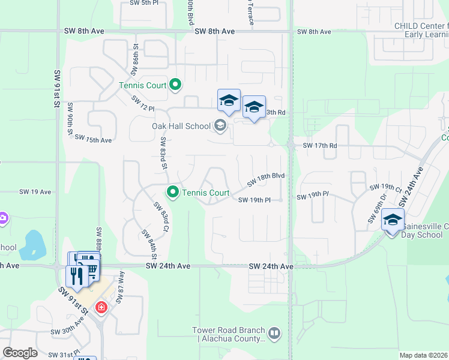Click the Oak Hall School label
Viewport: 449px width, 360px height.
click(181, 125)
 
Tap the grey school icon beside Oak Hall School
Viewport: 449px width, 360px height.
click(220, 125)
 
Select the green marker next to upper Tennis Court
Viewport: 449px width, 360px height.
click(175, 85)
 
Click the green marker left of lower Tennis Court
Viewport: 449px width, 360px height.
click(173, 193)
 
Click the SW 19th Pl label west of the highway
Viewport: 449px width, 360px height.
click(259, 200)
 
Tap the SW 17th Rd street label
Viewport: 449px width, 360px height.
click(320, 145)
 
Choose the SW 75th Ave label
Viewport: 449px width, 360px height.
click(93, 139)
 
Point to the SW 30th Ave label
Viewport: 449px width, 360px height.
click(66, 331)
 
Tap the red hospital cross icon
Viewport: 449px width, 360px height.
click(101, 308)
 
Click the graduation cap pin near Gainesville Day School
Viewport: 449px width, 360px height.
click(393, 220)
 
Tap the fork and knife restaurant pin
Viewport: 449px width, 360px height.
click(76, 276)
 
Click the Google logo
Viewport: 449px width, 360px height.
click(20, 353)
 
